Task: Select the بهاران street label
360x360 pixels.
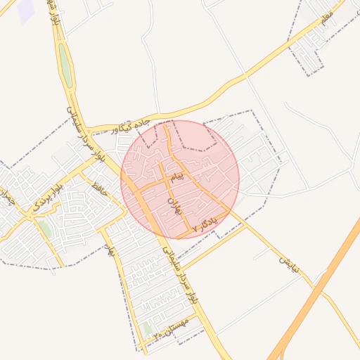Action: click(173, 205)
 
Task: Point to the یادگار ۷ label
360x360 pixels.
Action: click(205, 224)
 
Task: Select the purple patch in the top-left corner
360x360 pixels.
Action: click(26, 11)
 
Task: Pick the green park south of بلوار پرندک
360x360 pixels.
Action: click(45, 229)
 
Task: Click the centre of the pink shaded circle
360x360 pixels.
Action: click(180, 179)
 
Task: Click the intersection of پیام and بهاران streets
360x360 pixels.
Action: click(169, 180)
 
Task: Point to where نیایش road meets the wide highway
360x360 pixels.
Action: click(311, 283)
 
